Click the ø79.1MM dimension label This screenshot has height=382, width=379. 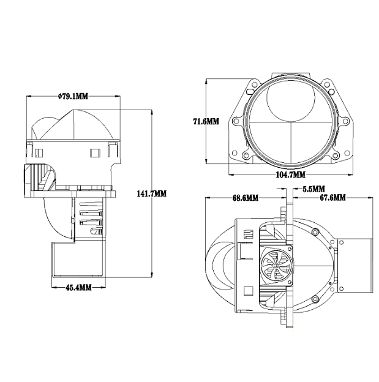point(73,97)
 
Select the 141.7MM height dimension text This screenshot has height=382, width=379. point(152,194)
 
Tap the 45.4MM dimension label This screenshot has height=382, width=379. point(79,288)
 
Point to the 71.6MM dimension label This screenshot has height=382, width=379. point(206,121)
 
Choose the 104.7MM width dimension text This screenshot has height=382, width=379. point(291,174)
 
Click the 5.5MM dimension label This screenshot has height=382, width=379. point(313,189)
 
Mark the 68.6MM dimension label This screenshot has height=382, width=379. point(246,198)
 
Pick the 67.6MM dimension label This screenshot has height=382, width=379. point(332,198)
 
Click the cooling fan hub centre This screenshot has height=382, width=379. point(276,265)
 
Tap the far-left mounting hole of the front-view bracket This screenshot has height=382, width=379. point(236,121)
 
